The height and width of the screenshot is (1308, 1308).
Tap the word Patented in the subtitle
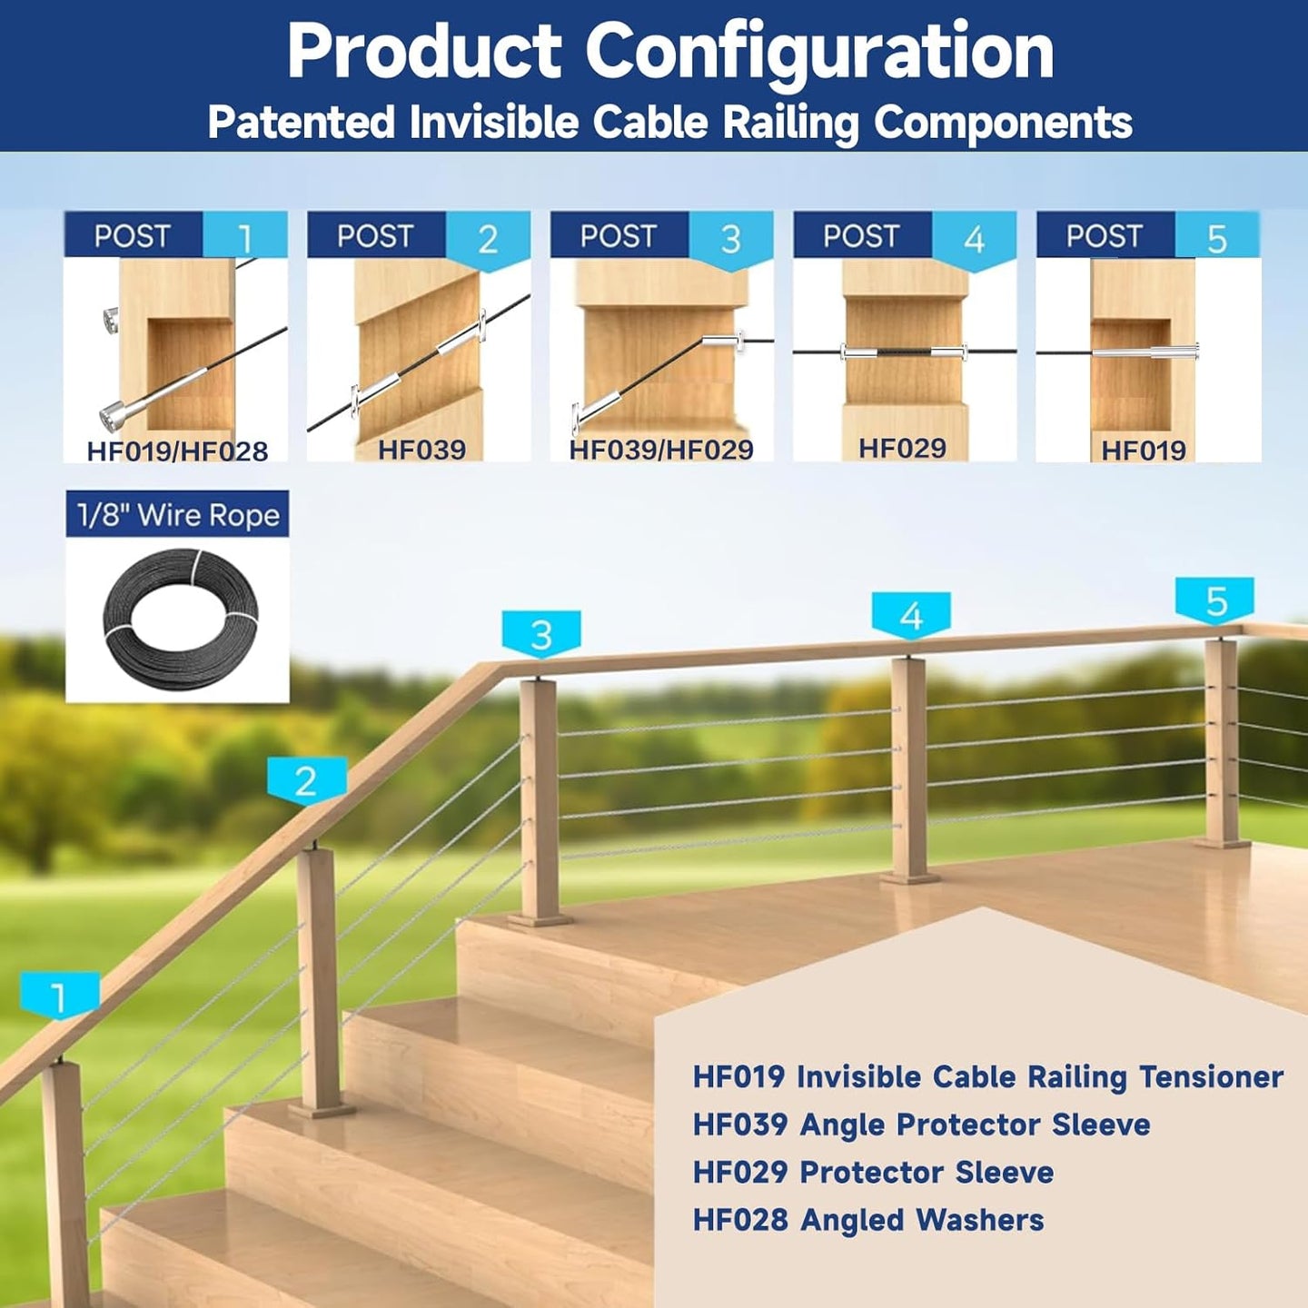pyautogui.click(x=302, y=123)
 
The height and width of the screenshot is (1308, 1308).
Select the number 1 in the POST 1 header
pyautogui.click(x=245, y=239)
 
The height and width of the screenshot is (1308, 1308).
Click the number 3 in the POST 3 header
pyautogui.click(x=730, y=239)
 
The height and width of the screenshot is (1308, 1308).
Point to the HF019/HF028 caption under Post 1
pyautogui.click(x=177, y=451)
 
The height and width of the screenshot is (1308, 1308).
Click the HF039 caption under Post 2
pyautogui.click(x=421, y=450)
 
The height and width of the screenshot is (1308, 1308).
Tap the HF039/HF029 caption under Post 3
pyautogui.click(x=661, y=450)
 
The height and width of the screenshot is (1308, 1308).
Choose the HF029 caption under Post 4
pyautogui.click(x=902, y=448)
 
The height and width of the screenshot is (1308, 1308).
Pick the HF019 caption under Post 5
pyautogui.click(x=1144, y=450)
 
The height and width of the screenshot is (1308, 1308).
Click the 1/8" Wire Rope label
pyautogui.click(x=178, y=515)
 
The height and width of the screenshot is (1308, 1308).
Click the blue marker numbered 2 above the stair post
pyautogui.click(x=307, y=781)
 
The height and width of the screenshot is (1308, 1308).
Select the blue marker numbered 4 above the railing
pyautogui.click(x=911, y=616)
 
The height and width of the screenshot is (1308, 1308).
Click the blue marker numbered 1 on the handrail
pyautogui.click(x=60, y=996)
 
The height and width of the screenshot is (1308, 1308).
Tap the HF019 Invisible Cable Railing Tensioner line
pyautogui.click(x=987, y=1077)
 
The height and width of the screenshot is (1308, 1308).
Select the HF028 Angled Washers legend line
pyautogui.click(x=868, y=1220)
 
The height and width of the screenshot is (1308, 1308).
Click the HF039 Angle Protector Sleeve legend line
pyautogui.click(x=921, y=1125)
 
